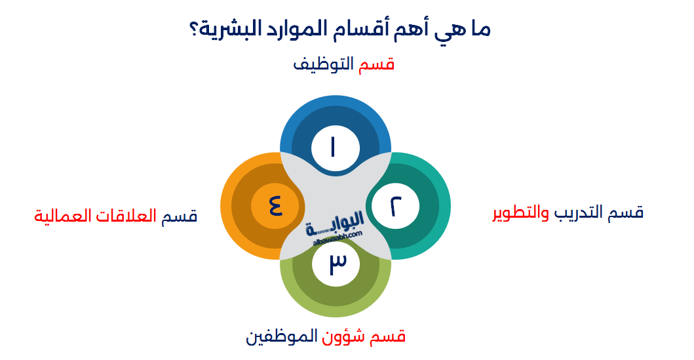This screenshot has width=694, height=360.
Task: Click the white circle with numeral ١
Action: pyautogui.click(x=335, y=147)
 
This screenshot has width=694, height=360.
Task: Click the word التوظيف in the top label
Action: pyautogui.click(x=322, y=64)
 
